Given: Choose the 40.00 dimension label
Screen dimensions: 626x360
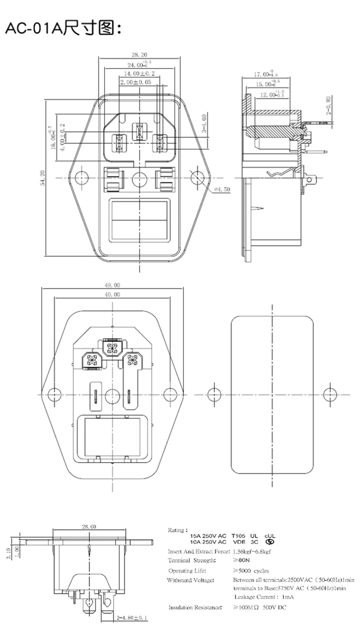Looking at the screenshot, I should point(112,295).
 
